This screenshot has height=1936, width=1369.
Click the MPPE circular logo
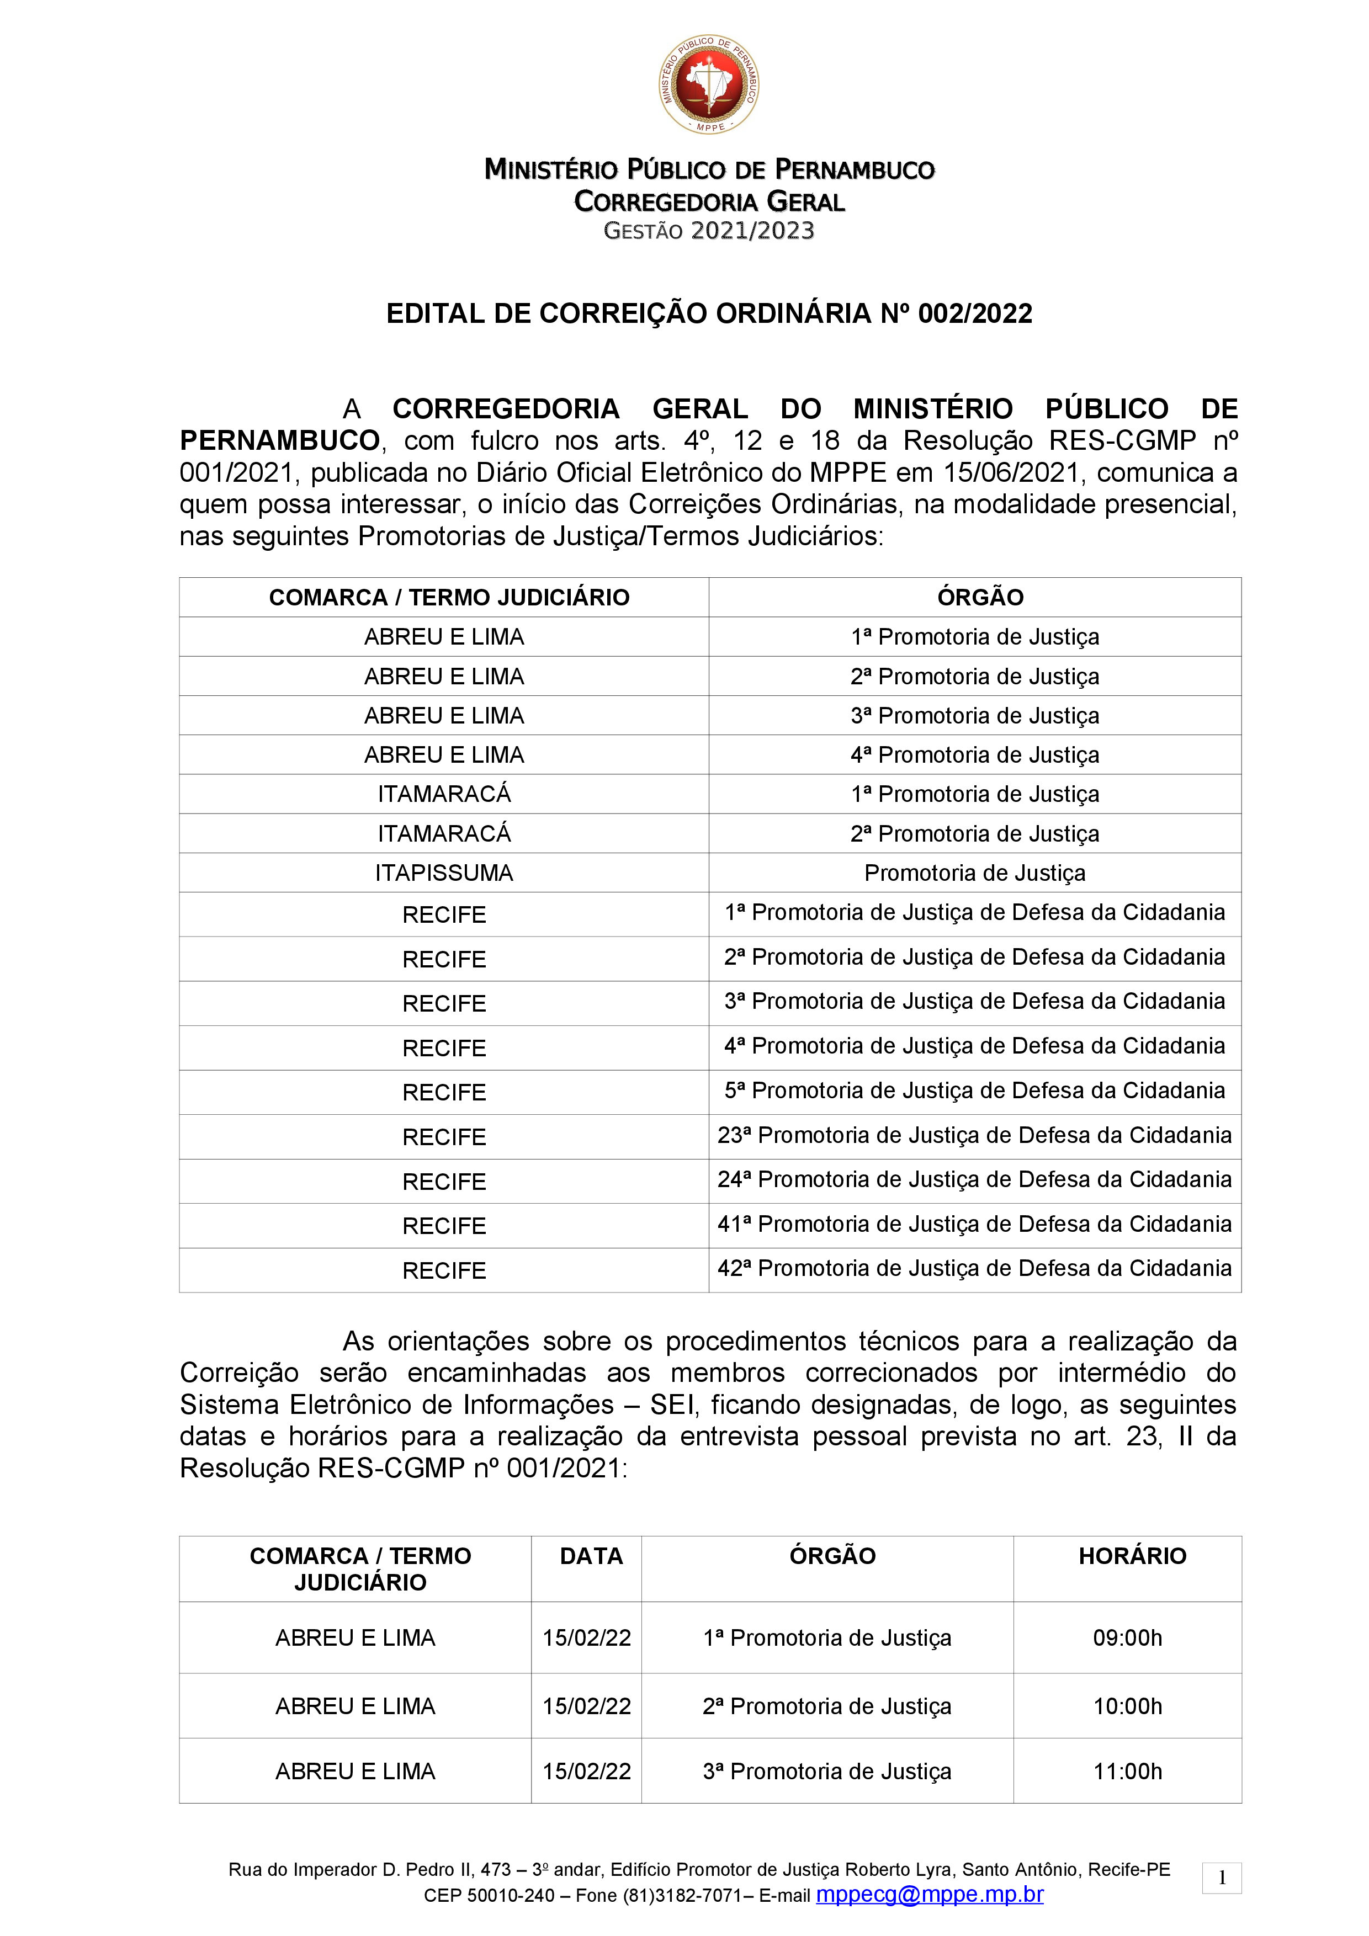709,84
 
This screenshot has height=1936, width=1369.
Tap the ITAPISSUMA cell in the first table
444,873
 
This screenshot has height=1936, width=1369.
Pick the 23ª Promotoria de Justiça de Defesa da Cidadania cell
974,1135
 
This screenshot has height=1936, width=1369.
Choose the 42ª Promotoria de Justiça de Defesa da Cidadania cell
974,1268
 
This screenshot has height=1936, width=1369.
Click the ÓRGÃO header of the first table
980,597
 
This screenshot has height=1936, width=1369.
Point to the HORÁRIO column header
1132,1556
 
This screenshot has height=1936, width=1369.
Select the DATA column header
591,1556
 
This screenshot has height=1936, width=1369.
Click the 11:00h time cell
1128,1771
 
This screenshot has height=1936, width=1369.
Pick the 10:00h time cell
1128,1706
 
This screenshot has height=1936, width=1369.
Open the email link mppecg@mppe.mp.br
930,1895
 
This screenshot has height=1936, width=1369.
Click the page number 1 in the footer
1222,1878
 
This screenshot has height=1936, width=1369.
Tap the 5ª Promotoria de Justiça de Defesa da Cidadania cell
974,1091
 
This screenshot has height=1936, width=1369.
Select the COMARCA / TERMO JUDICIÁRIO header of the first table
449,597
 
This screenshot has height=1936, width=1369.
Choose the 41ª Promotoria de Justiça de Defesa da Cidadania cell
974,1224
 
